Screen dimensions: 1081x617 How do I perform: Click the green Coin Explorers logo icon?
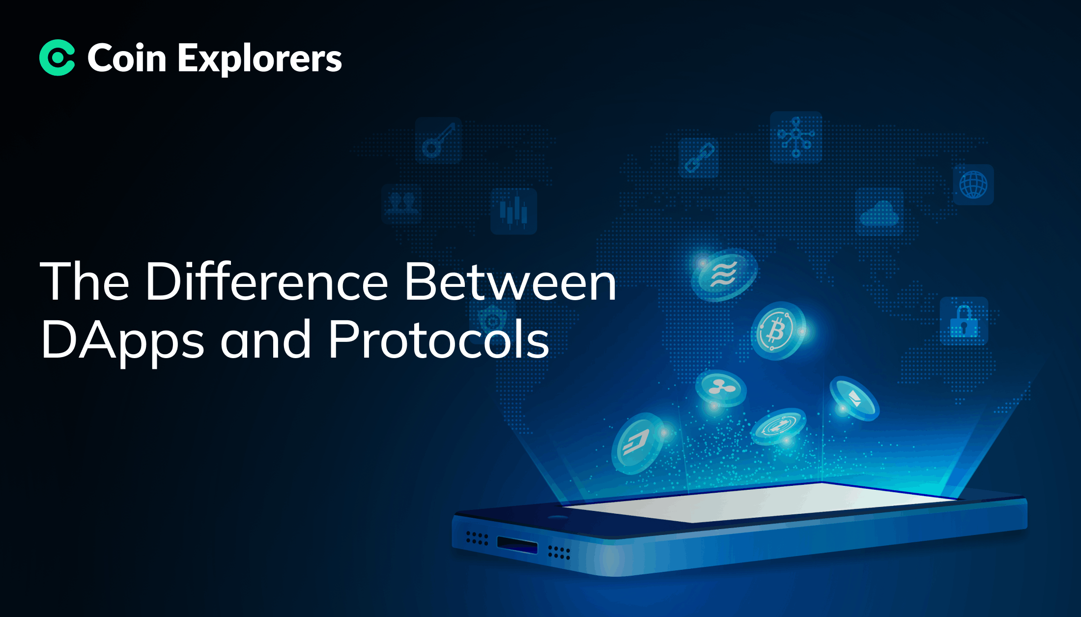coord(57,57)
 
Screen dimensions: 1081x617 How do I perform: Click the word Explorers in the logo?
coord(259,59)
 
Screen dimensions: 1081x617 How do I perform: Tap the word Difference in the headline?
coord(266,281)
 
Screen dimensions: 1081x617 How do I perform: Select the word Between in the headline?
coord(510,281)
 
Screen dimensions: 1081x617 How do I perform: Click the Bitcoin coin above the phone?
coord(778,331)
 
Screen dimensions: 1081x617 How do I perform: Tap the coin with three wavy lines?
coord(724,274)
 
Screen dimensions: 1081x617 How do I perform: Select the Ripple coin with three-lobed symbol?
coord(721,388)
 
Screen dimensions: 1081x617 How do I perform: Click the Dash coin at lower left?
coord(637,444)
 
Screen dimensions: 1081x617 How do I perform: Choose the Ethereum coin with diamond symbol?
coord(854,399)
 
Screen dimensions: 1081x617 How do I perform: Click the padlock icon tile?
coord(964,321)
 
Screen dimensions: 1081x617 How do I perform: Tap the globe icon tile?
coord(973,185)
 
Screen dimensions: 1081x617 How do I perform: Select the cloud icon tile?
coord(880,212)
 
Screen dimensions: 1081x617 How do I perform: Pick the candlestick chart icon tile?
coord(513,211)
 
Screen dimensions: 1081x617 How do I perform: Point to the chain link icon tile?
coord(699,158)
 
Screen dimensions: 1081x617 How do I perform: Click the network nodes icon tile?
coord(796,137)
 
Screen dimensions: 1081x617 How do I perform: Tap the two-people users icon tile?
coord(402,204)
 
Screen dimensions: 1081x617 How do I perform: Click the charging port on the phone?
coord(517,544)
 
